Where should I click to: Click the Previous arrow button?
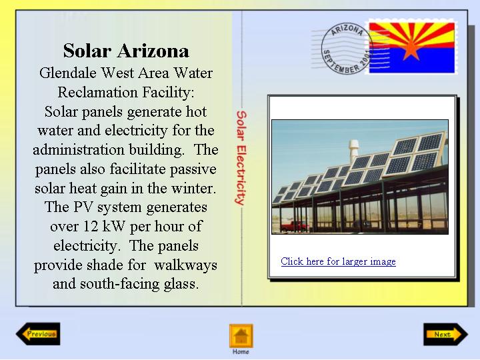coord(38,334)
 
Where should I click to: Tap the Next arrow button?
coord(446,334)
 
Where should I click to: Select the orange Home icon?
coord(241,336)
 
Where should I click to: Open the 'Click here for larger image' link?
coord(338,261)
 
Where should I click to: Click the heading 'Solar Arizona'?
coord(126,51)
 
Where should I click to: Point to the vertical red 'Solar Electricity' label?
coord(241,157)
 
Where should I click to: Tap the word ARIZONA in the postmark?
coord(347,30)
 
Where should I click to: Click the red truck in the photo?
coord(295,226)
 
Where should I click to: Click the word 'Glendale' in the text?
coord(67,73)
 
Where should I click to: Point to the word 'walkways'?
coord(185,265)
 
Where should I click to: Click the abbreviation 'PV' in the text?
coord(83,207)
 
